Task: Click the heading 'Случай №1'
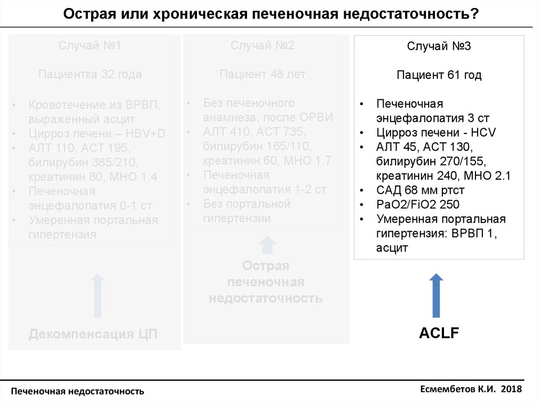point(90,46)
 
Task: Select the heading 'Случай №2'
point(263,46)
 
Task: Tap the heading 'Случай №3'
point(439,46)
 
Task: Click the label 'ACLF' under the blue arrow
point(439,333)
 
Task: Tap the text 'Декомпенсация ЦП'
point(93,334)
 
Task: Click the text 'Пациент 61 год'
point(439,75)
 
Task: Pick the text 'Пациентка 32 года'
point(90,75)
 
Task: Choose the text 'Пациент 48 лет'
point(263,75)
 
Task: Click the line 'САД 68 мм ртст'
point(420,190)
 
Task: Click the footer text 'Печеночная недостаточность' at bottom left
point(78,391)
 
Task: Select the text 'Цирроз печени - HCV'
point(436,132)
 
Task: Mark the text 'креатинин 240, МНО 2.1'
point(443,175)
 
